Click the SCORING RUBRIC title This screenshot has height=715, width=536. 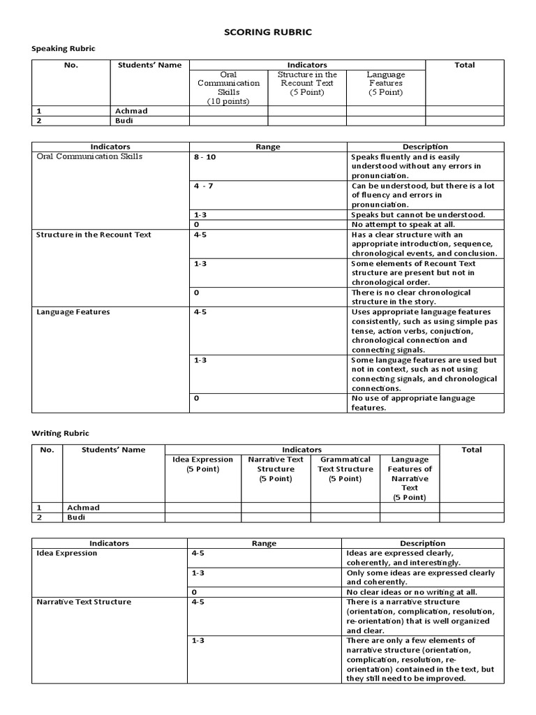point(267,32)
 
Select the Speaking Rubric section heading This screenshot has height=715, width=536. point(64,48)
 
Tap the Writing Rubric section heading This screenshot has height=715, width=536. point(61,434)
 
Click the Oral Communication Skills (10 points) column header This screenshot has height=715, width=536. point(228,87)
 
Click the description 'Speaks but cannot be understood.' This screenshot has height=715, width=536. point(417,215)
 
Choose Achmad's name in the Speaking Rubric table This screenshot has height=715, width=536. point(131,111)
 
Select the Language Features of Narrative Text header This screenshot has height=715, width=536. point(410,478)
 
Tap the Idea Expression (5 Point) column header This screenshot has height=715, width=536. point(202,464)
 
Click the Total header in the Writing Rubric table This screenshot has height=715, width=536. point(471,450)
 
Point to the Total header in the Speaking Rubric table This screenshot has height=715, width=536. point(464,65)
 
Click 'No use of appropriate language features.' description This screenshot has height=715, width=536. point(413,403)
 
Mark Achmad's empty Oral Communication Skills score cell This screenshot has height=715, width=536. point(228,111)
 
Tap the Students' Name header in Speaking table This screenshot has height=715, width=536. point(149,65)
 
